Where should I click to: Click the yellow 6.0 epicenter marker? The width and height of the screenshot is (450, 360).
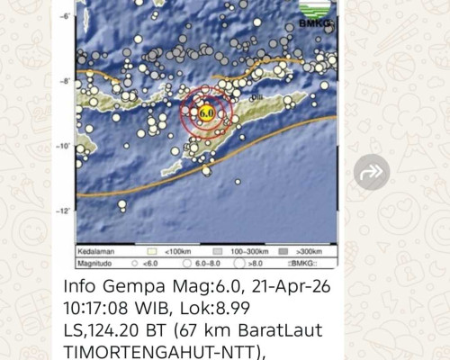(x=206, y=112)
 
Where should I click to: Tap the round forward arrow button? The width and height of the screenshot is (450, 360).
(x=372, y=172)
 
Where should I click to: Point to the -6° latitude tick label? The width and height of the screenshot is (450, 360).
(x=65, y=16)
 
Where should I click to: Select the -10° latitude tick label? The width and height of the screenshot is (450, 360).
(x=64, y=145)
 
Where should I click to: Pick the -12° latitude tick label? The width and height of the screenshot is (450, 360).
(x=64, y=211)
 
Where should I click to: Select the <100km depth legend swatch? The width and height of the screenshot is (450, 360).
(x=152, y=252)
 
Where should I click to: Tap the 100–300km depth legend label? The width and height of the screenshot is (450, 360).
(x=246, y=252)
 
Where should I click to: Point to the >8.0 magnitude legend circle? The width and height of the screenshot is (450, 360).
(x=241, y=265)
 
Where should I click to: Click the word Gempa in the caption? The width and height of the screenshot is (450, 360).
(x=128, y=288)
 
